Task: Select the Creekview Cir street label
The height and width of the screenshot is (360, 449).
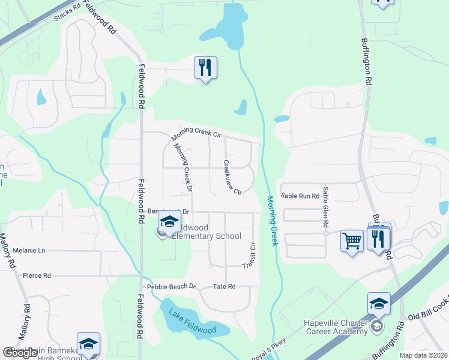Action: click(232, 177)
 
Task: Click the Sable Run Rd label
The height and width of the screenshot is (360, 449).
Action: click(300, 196)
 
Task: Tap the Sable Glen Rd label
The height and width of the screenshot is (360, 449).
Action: click(325, 206)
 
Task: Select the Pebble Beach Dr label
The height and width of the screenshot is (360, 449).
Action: click(175, 286)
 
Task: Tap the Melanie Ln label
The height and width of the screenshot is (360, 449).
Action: click(29, 250)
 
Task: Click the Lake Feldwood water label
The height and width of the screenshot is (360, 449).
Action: click(192, 320)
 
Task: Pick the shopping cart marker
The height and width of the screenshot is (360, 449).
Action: click(352, 241)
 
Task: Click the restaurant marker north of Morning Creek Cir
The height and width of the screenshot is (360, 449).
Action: click(205, 68)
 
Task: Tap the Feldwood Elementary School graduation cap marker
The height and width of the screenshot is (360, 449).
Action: click(169, 222)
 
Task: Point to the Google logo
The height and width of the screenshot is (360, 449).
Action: click(20, 353)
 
